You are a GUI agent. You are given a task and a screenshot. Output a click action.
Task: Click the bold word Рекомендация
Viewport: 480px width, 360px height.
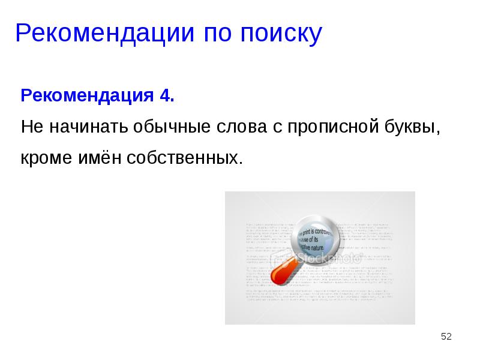88,96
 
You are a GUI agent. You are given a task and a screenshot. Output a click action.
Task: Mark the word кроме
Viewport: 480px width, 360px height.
44,158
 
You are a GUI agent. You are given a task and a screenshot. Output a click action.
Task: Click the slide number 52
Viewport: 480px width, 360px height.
446,337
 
